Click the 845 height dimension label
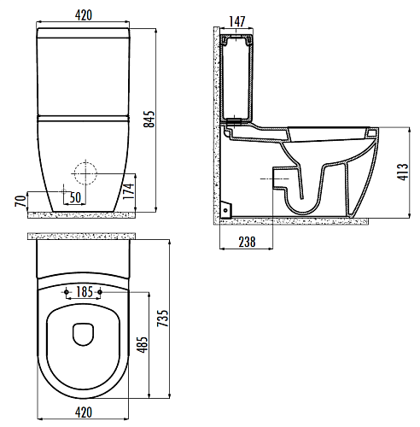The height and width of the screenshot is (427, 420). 149,119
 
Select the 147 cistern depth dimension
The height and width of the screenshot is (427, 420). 237,21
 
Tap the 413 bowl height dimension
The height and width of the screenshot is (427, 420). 402,172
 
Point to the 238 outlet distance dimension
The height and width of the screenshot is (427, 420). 247,242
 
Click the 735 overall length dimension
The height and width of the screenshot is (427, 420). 163,318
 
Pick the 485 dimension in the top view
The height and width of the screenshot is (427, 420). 143,344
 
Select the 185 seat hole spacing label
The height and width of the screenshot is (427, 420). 85,292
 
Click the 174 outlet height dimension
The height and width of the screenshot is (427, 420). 129,191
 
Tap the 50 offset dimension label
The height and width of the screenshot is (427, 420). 75,197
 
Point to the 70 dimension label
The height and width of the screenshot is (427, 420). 20,201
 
